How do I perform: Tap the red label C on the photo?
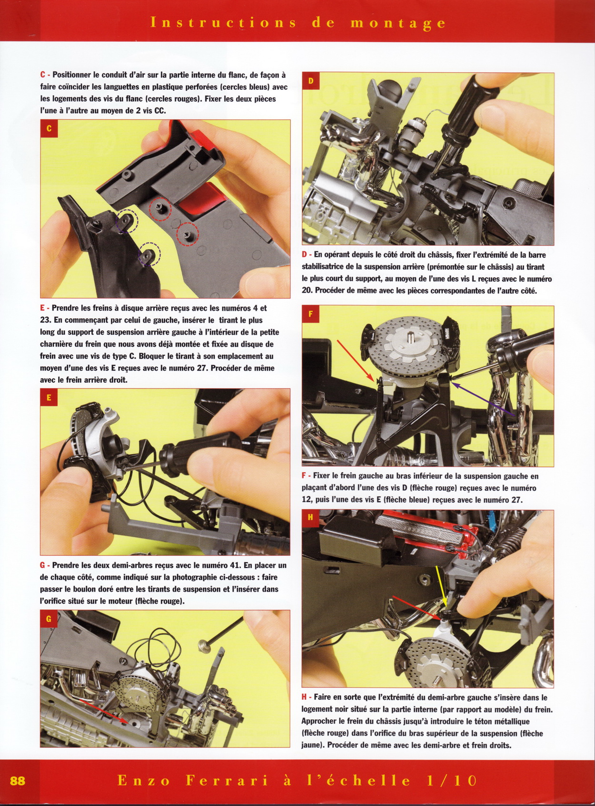click(49, 128)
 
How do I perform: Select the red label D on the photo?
click(311, 81)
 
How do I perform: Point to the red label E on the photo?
click(49, 398)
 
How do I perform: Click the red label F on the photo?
click(311, 314)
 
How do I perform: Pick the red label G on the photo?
click(49, 619)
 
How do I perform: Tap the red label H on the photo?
click(311, 518)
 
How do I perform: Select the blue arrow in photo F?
click(482, 399)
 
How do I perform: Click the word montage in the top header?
click(398, 23)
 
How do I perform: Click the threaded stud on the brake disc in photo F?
click(411, 338)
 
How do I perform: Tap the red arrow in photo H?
click(416, 607)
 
